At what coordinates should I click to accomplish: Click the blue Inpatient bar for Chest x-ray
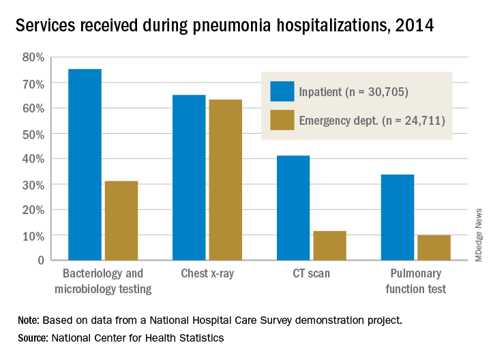189,177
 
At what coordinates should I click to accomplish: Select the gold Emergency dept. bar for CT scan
329,245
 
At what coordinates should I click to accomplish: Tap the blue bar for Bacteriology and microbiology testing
85,164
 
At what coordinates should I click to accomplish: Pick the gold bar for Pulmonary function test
434,247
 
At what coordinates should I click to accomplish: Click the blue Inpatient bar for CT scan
293,208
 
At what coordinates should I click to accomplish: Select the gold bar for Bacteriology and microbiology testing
121,220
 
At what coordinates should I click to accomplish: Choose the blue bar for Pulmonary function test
398,217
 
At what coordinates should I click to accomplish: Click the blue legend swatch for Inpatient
282,91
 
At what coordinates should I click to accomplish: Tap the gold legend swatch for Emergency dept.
282,121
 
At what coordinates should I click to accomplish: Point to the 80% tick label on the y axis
34,57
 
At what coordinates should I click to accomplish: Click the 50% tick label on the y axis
34,134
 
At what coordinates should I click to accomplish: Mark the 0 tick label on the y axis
41,260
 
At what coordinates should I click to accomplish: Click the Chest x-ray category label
207,275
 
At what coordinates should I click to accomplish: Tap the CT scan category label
312,275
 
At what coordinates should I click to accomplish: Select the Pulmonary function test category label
415,282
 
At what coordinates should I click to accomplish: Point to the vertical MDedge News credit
479,232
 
